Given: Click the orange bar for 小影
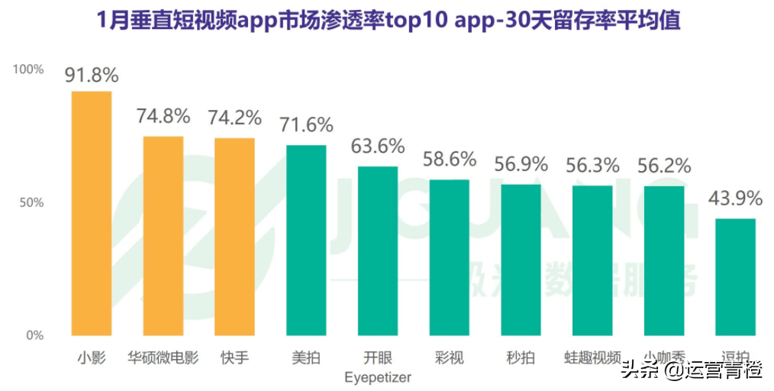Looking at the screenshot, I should (92, 214).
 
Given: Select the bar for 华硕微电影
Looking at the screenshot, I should (163, 236).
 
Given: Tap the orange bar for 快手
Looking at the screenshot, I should (234, 237).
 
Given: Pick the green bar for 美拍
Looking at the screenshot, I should (306, 241).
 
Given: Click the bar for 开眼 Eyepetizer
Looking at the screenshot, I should (378, 251).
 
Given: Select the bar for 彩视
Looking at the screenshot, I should (450, 257).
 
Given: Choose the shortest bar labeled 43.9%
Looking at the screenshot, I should (736, 277).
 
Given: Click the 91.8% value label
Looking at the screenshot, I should (92, 75).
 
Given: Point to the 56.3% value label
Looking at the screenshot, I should (592, 165).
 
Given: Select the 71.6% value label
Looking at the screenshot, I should (306, 124).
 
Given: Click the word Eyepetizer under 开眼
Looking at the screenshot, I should (378, 377).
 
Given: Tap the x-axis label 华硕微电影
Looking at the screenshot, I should (163, 357).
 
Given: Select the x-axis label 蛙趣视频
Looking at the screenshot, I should (592, 357).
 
